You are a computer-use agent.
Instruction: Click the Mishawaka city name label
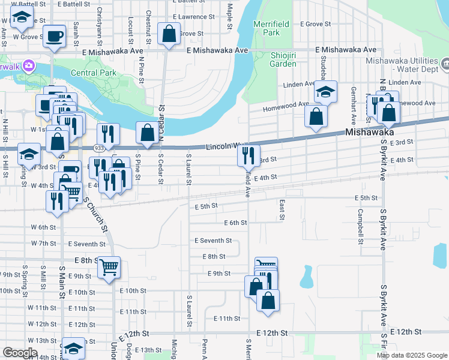(x=369, y=132)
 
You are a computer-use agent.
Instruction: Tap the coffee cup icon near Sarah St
(x=55, y=37)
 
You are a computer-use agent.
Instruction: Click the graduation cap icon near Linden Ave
(x=325, y=92)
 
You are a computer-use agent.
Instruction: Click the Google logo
(x=20, y=353)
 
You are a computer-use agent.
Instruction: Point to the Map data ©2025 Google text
(x=412, y=355)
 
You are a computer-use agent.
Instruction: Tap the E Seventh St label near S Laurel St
(x=213, y=241)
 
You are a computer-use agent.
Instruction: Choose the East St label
(x=282, y=210)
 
